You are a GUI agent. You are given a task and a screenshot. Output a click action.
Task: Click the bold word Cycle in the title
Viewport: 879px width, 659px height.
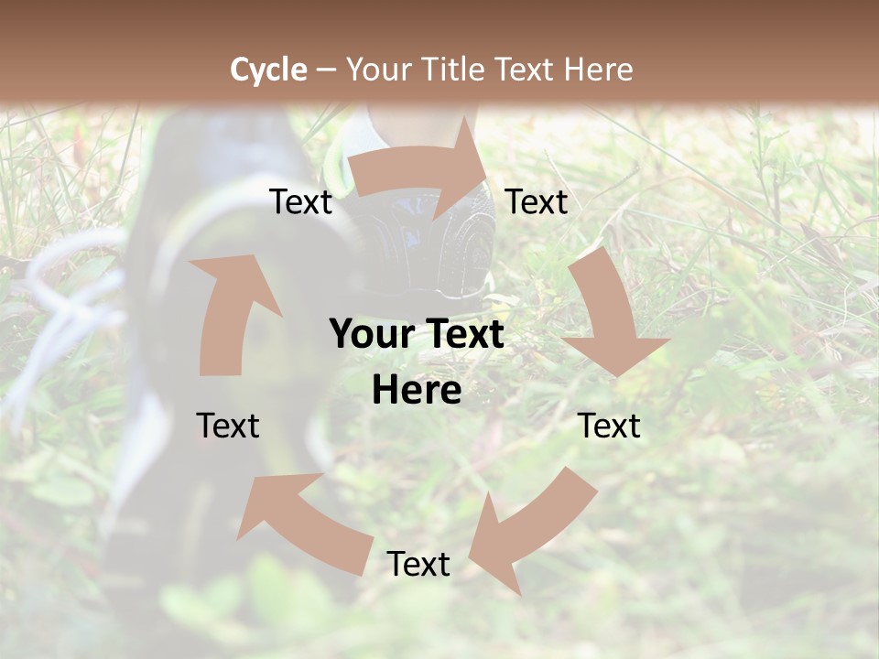(268, 69)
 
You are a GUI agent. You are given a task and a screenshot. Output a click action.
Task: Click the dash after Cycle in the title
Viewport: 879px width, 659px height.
(326, 69)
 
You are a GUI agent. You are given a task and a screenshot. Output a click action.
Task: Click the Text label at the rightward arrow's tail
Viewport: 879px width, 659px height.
(301, 202)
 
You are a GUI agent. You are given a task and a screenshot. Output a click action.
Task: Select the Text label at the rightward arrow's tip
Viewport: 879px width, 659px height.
(537, 202)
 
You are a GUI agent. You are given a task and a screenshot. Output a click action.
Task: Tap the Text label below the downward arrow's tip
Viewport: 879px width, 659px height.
(609, 426)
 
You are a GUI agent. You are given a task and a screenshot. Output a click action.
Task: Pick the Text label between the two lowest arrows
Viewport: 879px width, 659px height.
(418, 564)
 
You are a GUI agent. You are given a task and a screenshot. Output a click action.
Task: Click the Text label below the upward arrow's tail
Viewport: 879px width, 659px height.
(228, 426)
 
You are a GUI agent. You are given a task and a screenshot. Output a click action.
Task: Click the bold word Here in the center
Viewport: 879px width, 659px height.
(417, 391)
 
